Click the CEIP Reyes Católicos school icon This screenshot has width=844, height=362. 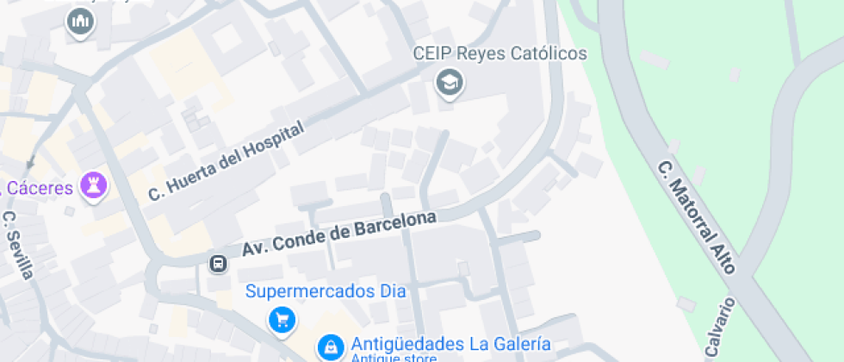click(449, 84)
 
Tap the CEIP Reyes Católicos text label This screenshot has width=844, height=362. click(500, 53)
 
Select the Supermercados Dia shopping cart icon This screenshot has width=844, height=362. click(282, 320)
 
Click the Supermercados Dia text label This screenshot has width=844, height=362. click(326, 290)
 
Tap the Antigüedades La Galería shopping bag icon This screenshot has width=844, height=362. click(328, 346)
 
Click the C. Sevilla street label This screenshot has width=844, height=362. click(18, 245)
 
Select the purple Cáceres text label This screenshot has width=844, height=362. click(40, 187)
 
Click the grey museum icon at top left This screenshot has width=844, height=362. click(81, 22)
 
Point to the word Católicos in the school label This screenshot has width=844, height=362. click(545, 53)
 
